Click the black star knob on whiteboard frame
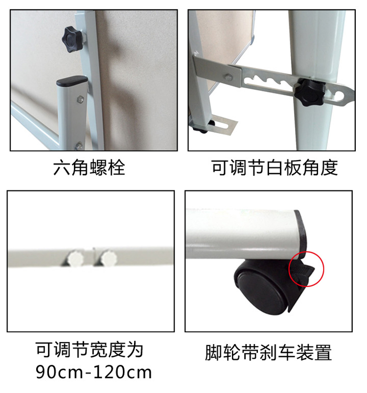[72, 39]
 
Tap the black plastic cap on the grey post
[72, 81]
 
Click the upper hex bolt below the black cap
[80, 99]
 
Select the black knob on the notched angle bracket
[309, 92]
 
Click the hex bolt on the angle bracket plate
[228, 77]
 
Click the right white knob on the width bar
[108, 258]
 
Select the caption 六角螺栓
[89, 168]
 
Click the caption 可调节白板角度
[275, 168]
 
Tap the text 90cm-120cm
[93, 372]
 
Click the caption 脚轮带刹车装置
[268, 353]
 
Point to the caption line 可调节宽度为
[90, 349]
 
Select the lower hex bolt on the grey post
[79, 146]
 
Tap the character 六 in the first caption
[62, 168]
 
